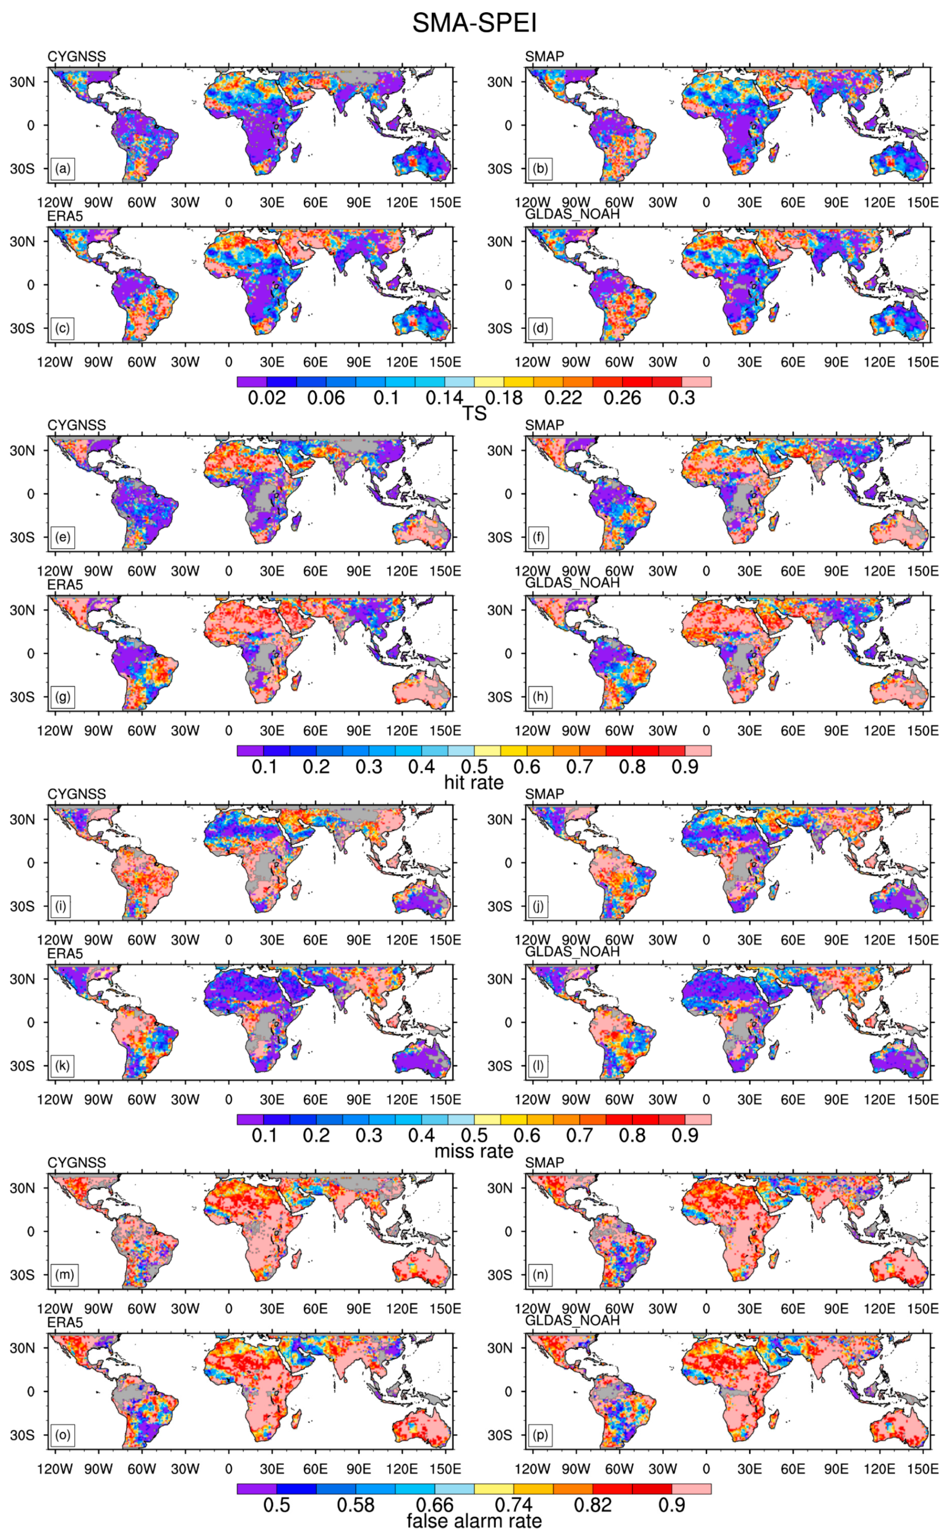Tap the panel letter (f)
(539, 537)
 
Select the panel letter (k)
(62, 1066)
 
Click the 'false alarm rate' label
(474, 1520)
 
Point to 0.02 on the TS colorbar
(267, 398)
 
